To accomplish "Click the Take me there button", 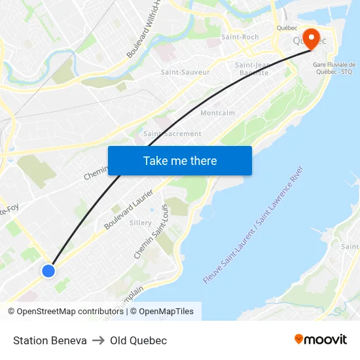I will [x=180, y=160].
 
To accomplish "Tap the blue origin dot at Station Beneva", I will [x=48, y=270].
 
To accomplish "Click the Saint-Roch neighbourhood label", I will [x=240, y=37].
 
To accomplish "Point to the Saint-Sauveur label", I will [x=185, y=72].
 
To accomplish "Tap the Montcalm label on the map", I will [x=217, y=113].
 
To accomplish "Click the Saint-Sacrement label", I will [x=172, y=134].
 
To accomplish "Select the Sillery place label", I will [x=141, y=223].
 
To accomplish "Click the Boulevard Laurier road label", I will [x=128, y=210].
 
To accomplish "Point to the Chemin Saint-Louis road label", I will [x=151, y=231].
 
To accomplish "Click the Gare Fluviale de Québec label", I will [x=334, y=69].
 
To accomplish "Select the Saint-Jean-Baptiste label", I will [x=252, y=69].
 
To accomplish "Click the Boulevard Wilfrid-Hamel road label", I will [x=145, y=29].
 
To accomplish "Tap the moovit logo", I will [x=321, y=340].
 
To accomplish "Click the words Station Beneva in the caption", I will [x=50, y=340].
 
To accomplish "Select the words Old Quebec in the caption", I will [x=138, y=340].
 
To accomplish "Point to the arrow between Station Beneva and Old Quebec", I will [x=98, y=340].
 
